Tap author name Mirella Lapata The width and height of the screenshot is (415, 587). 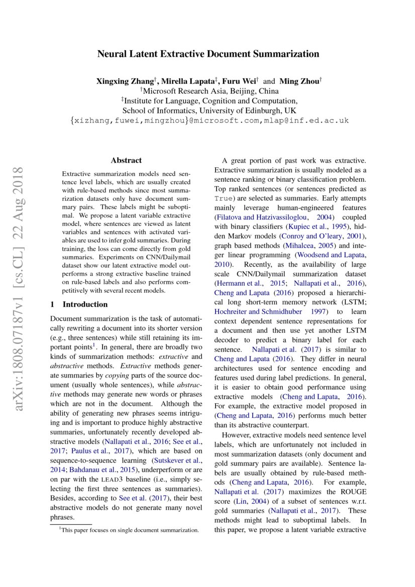point(188,81)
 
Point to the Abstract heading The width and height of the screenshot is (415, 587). point(126,161)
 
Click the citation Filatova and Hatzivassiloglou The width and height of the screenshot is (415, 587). point(263,217)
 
